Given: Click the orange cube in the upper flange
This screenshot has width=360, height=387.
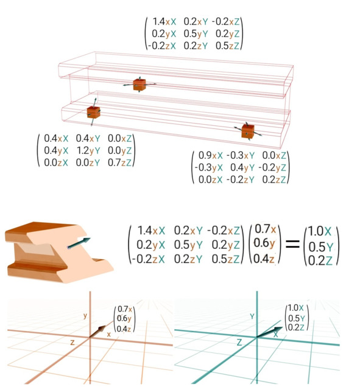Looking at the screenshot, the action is [139, 85].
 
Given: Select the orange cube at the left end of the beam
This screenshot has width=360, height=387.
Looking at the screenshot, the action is [93, 113].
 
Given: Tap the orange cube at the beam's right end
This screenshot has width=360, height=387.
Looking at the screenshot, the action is [248, 131].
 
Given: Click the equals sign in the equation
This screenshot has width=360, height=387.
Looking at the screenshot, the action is [292, 244].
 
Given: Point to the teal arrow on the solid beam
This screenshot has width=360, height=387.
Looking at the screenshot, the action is [79, 243].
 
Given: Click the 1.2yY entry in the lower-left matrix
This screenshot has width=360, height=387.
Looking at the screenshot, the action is [88, 150].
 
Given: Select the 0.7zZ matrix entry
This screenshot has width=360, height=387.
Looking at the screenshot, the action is [120, 162].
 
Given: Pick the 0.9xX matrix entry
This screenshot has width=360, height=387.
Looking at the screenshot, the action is [211, 155].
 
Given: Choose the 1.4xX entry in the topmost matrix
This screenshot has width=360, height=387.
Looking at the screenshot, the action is [164, 21].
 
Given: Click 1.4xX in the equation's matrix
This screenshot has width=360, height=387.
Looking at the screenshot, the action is [151, 231].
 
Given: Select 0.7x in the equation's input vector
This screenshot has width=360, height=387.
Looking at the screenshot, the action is [265, 229].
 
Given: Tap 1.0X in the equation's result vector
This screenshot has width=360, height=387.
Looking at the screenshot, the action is [320, 231].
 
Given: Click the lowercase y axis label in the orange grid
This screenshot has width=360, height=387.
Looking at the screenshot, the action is [85, 315].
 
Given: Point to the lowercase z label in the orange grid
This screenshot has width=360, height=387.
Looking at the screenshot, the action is [72, 343].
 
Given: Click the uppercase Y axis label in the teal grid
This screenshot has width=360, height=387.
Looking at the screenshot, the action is [252, 316].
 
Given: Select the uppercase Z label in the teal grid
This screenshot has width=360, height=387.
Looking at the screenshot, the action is [239, 343].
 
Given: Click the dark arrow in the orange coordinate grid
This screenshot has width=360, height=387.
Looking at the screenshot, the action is [97, 332].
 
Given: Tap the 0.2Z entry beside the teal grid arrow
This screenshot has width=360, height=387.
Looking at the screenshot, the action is [296, 327].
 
